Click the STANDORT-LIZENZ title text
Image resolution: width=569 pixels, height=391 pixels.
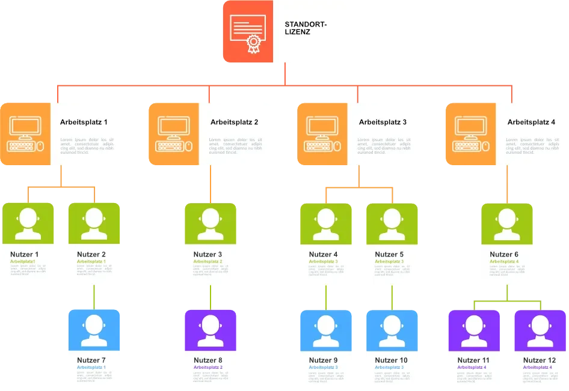[x=306, y=29]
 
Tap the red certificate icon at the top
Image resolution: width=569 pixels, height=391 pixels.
[x=247, y=32]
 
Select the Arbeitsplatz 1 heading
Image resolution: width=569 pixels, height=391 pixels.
[x=84, y=123]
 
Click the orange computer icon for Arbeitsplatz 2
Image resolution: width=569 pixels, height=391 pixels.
[x=174, y=133]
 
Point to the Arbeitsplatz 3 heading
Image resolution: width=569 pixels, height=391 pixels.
[x=383, y=123]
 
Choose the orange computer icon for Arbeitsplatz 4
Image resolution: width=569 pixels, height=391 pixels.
[x=470, y=133]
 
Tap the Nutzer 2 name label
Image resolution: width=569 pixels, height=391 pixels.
[x=91, y=255]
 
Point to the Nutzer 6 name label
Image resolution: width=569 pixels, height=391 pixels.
[x=505, y=255]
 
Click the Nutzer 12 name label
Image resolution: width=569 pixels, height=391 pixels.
[x=539, y=360]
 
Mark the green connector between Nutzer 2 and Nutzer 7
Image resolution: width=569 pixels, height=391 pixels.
[x=94, y=298]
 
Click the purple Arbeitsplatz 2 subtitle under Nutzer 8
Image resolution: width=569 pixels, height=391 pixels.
[x=208, y=367]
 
